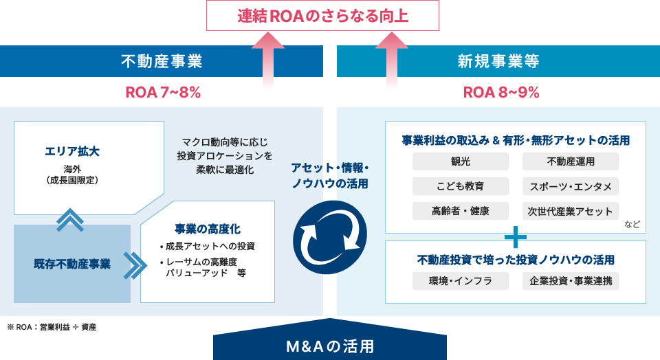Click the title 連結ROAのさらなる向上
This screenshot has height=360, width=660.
[x=322, y=16]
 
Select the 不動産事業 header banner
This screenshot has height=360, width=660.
[x=162, y=61]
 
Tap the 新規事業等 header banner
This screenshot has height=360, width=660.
[x=498, y=61]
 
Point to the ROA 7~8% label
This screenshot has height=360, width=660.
[x=163, y=92]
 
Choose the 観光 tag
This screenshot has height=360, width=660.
[x=461, y=161]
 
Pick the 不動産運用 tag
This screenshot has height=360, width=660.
[x=571, y=161]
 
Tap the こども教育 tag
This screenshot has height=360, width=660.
[x=461, y=186]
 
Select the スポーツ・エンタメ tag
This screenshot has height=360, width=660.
[x=571, y=186]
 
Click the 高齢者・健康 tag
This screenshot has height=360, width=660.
[x=461, y=211]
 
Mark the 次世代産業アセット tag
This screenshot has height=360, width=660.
[x=571, y=211]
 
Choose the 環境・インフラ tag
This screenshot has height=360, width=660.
[x=461, y=281]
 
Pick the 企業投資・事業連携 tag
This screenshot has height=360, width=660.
[x=571, y=281]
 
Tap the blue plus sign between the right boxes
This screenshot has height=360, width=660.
[x=515, y=237]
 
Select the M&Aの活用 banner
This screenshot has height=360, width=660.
[x=330, y=346]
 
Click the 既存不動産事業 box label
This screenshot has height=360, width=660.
[x=72, y=264]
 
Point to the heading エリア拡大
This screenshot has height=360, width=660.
[x=72, y=151]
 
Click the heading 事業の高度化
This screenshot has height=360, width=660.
[x=208, y=229]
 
